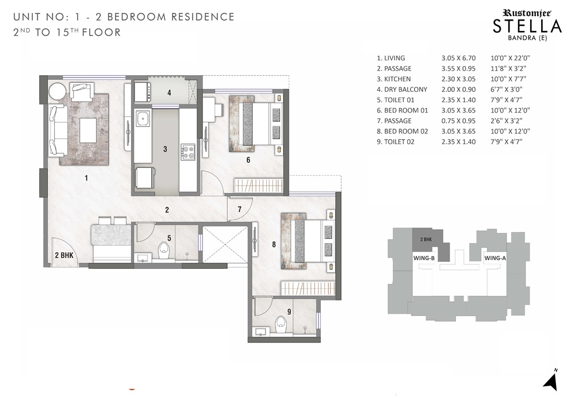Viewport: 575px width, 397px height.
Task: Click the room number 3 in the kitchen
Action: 165,149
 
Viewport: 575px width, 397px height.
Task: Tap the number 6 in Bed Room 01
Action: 248,160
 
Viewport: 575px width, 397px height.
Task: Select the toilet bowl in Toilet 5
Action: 163,250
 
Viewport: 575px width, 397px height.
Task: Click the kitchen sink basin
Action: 141,118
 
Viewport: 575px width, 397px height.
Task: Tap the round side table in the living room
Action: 57,91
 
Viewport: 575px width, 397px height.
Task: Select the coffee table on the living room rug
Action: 88,130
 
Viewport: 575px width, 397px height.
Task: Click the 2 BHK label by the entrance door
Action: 64,255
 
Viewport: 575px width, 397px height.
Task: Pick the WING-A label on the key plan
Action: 495,258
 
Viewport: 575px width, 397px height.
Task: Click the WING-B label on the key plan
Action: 424,258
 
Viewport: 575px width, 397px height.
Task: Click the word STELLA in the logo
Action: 527,26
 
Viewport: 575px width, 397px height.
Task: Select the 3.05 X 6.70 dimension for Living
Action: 458,58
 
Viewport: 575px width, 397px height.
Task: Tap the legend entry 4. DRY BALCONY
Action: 402,90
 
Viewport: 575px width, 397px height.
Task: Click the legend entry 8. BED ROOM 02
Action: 402,131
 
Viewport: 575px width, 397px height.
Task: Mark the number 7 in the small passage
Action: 239,209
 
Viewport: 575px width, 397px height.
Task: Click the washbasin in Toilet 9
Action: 260,332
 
